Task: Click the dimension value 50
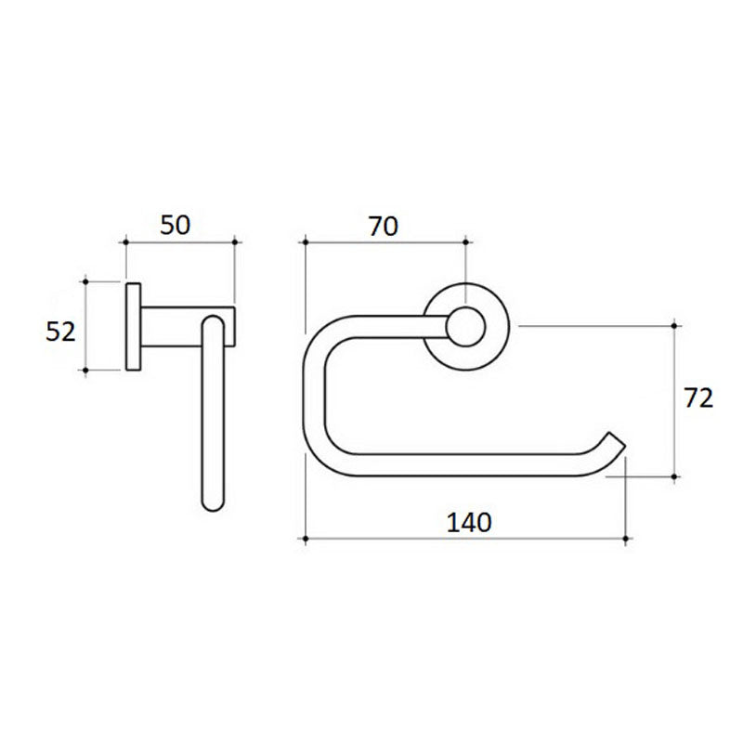(x=176, y=224)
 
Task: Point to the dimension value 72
(x=697, y=398)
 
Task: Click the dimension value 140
(x=468, y=522)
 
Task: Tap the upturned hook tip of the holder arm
(x=615, y=440)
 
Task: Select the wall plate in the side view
(x=133, y=326)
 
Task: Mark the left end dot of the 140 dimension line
(x=306, y=538)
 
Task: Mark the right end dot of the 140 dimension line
(x=629, y=538)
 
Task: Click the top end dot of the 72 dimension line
(x=675, y=326)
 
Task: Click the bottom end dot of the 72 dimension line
(x=675, y=476)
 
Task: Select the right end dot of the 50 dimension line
(x=234, y=243)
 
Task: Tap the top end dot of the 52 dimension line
(x=85, y=279)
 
